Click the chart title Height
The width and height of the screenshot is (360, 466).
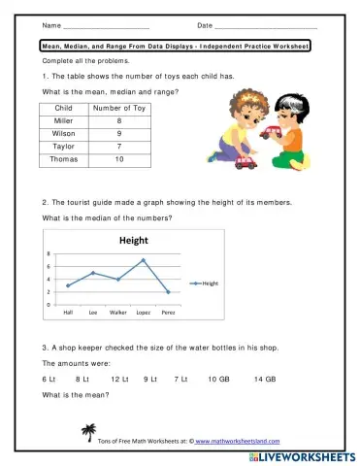tap(134, 240)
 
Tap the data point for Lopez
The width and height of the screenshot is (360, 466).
tap(143, 260)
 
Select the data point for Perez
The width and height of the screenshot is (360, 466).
tap(169, 292)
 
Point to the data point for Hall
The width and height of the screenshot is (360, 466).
tap(68, 285)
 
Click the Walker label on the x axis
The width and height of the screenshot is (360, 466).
tap(118, 313)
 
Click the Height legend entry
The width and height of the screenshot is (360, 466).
tap(206, 283)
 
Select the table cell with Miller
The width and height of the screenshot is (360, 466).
tap(65, 120)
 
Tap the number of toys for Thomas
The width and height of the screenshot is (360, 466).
tap(119, 158)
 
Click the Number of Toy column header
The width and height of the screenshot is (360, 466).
tap(119, 108)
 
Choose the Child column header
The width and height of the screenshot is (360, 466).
tap(65, 108)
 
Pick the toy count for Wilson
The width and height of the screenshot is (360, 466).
tap(119, 133)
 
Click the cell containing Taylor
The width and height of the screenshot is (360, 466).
tap(65, 146)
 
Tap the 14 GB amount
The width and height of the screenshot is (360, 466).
tap(265, 378)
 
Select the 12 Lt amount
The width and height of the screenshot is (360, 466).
tap(119, 378)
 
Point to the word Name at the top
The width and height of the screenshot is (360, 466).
tap(51, 24)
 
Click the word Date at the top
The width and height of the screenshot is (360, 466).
tap(205, 24)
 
